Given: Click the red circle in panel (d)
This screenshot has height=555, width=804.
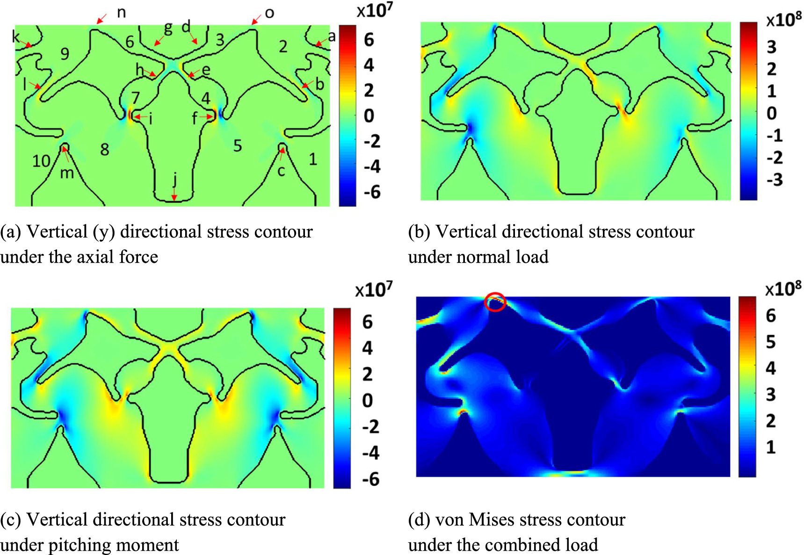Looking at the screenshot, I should pyautogui.click(x=495, y=302).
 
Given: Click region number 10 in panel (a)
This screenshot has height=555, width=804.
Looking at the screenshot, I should pyautogui.click(x=41, y=161).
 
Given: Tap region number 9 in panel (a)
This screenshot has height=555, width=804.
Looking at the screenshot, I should pyautogui.click(x=65, y=54).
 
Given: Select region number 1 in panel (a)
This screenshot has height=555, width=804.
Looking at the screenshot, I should pyautogui.click(x=313, y=159).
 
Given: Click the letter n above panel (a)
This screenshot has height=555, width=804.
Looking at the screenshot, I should pyautogui.click(x=121, y=13).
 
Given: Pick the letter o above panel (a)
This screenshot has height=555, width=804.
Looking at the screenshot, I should pyautogui.click(x=269, y=13).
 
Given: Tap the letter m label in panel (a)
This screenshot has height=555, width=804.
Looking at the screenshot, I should pyautogui.click(x=67, y=173).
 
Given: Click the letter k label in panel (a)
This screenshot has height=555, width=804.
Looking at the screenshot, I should pyautogui.click(x=16, y=36).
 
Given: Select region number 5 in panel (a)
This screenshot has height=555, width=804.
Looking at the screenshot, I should pyautogui.click(x=238, y=146).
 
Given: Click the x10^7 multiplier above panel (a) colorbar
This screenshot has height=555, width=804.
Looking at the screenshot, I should pyautogui.click(x=375, y=10).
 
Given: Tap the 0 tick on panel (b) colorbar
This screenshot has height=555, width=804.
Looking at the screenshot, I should pyautogui.click(x=771, y=113).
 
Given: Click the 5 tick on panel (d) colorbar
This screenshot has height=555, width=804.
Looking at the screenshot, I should pyautogui.click(x=771, y=342).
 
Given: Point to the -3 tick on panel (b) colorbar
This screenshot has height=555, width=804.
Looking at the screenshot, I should pyautogui.click(x=774, y=180).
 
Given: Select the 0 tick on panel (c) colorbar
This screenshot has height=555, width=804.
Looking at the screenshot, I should pyautogui.click(x=368, y=401).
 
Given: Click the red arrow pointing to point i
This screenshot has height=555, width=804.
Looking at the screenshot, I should pyautogui.click(x=140, y=117).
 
